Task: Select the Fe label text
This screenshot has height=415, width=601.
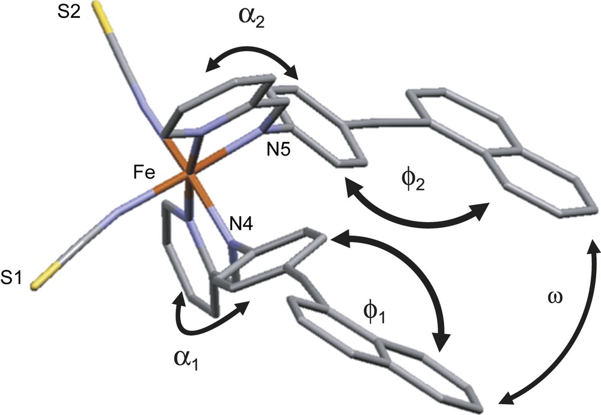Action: pyautogui.click(x=145, y=174)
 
